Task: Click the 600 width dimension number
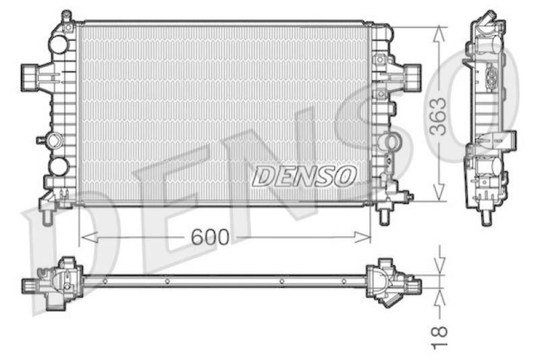click(209, 237)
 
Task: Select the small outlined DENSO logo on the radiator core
click(304, 176)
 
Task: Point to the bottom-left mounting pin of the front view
click(47, 215)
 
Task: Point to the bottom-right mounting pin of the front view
click(383, 215)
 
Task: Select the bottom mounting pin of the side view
click(486, 215)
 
